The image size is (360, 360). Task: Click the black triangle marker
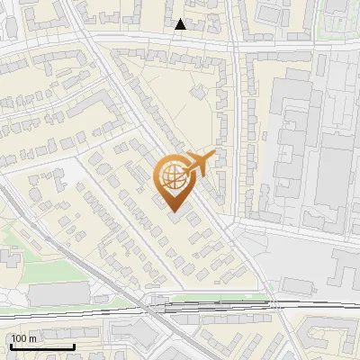pos(181,24)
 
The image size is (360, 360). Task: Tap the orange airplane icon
pos(200,163)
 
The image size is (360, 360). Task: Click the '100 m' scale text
pos(24,338)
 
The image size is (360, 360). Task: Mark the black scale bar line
pos(41,346)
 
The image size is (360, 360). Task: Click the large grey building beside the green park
pos(58,293)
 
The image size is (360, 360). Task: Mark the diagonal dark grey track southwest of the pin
pos(99,270)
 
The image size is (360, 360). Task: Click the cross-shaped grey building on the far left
pos(9,256)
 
